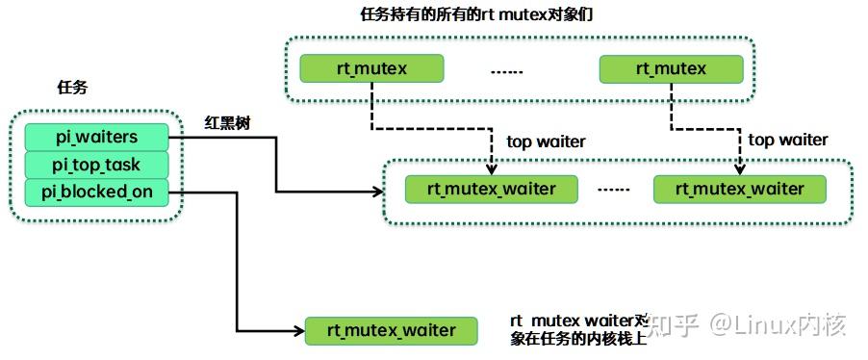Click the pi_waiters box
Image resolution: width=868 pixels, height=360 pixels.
pos(96,137)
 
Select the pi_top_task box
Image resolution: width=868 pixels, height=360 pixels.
pos(96,165)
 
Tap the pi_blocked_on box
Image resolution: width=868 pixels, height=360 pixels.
pos(96,192)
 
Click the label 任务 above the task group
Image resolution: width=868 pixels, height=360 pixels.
pos(72,88)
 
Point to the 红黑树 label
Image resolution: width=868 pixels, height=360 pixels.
pos(227,122)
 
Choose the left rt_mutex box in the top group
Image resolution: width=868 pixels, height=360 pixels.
pos(371,68)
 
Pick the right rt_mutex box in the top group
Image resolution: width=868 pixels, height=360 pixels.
pos(671,68)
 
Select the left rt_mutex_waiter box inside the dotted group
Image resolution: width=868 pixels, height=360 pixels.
pos(492,189)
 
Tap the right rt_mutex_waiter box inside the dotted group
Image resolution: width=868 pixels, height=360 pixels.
pos(739,189)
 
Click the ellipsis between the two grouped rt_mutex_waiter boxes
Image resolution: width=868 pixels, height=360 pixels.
pos(613,190)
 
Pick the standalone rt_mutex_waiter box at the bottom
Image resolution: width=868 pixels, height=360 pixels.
pos(392,330)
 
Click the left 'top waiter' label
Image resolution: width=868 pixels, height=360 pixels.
pos(546,141)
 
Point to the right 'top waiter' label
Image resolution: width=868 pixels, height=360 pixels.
pos(787,140)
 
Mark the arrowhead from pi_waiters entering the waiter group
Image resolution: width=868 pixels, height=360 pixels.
pos(378,191)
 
